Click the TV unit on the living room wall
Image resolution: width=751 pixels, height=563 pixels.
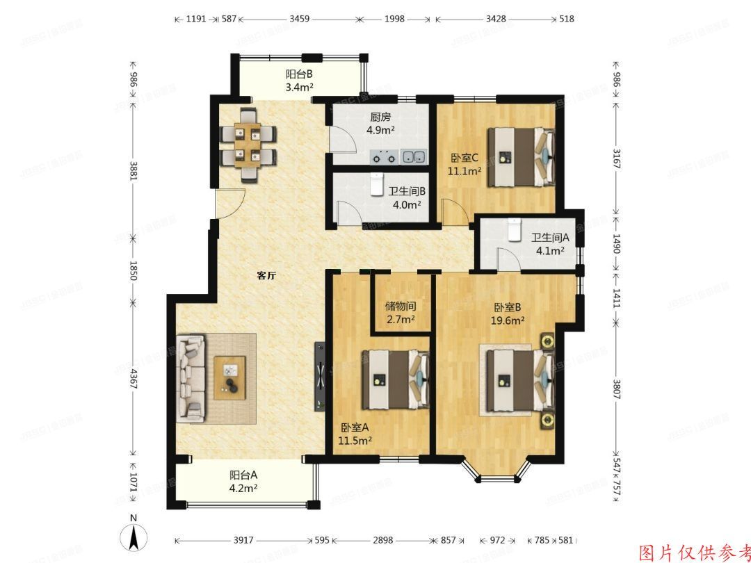(319, 375)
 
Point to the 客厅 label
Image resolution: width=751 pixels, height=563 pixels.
(267, 276)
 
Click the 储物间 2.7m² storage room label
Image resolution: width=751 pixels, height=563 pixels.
(401, 312)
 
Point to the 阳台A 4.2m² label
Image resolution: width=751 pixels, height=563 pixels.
(244, 482)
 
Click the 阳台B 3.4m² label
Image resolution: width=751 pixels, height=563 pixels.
(299, 81)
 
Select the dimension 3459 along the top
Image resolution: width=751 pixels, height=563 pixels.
(299, 19)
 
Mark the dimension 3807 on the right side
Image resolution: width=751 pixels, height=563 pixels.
(616, 386)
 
